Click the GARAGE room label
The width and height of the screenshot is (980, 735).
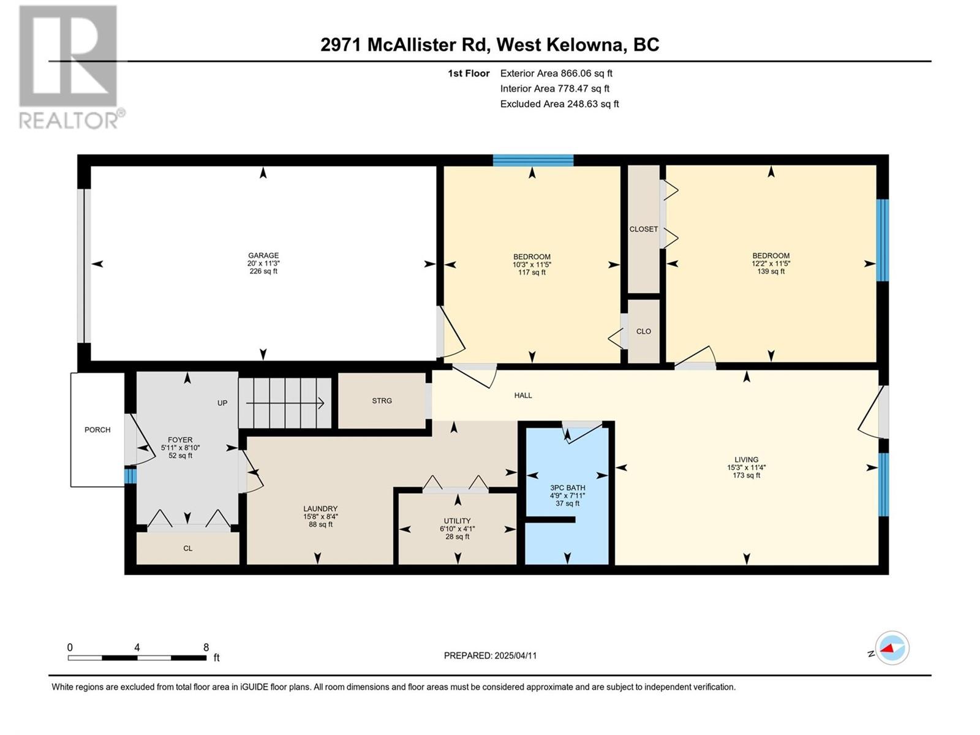tap(263, 255)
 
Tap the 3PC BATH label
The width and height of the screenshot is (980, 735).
tap(567, 488)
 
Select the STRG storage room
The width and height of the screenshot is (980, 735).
tap(382, 401)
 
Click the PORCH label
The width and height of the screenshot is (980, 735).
tap(97, 430)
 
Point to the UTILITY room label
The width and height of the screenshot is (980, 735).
tap(457, 521)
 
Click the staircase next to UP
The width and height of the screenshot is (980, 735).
tap(285, 403)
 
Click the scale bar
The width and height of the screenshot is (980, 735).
tap(137, 658)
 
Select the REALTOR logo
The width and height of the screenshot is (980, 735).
tap(70, 67)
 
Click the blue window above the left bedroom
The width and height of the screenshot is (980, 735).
tap(533, 160)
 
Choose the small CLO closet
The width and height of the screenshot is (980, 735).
tap(643, 331)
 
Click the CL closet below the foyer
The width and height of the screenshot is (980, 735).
tap(187, 548)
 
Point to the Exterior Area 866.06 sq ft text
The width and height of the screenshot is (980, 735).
tap(556, 73)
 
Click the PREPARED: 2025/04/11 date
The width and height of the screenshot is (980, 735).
tap(490, 655)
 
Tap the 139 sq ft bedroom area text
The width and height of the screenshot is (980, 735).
tap(771, 271)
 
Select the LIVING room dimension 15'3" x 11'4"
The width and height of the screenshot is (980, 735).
tap(746, 468)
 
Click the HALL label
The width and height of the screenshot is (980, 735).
tap(523, 396)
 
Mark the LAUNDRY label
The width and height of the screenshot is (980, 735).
tap(320, 509)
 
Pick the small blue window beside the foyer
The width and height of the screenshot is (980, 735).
tap(130, 475)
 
